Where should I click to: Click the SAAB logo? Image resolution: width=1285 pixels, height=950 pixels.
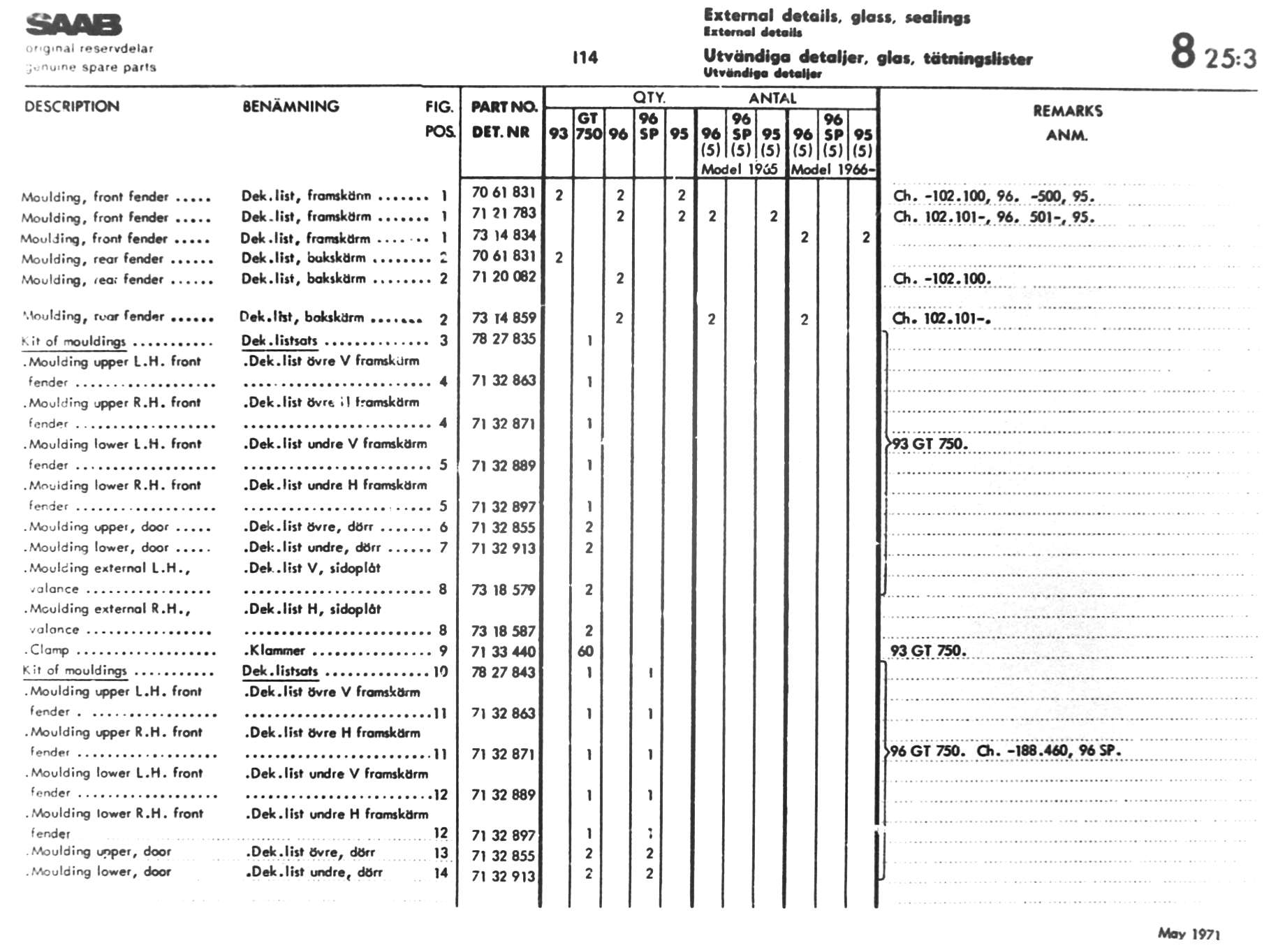[73, 25]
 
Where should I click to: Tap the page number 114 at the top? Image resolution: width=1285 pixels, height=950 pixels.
[585, 58]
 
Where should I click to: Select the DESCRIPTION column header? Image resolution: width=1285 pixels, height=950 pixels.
[72, 107]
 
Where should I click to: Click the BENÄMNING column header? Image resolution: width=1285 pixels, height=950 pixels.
[291, 107]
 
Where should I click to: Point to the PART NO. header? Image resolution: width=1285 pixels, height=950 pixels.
[504, 107]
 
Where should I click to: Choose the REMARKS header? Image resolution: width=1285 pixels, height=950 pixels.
[1067, 111]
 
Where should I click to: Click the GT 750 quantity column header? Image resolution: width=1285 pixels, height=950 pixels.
[588, 126]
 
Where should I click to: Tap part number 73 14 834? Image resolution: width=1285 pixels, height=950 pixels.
[504, 235]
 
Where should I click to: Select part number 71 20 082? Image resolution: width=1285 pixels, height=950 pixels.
[504, 277]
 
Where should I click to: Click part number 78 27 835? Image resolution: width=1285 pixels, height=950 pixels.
[504, 339]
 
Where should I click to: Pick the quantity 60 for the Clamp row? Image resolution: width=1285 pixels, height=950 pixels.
[585, 651]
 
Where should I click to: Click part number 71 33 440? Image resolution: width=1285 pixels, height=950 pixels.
[504, 652]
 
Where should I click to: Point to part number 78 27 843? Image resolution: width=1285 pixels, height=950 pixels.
[504, 672]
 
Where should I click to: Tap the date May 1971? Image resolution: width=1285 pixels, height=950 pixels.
[1189, 933]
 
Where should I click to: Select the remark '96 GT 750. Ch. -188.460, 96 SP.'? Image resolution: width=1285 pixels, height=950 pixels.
[1006, 751]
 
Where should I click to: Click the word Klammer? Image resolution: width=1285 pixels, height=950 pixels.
[277, 650]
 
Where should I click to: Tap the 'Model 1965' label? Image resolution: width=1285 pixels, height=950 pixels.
[739, 169]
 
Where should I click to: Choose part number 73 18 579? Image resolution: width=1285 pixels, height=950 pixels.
[504, 590]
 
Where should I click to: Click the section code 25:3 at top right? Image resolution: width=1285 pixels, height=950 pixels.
[1231, 58]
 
